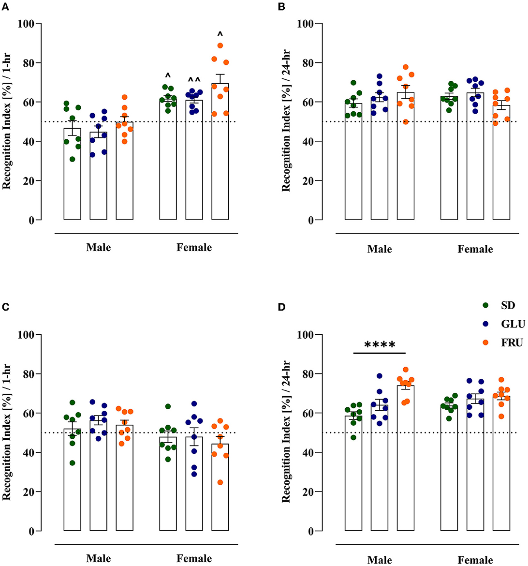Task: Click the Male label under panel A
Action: [98, 248]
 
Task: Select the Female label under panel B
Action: [475, 249]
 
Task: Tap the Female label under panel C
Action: [194, 559]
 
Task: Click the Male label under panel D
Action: [380, 560]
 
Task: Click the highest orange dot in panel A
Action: [220, 45]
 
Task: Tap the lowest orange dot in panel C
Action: [220, 482]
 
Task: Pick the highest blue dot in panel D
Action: [380, 376]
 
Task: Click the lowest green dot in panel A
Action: [73, 159]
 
